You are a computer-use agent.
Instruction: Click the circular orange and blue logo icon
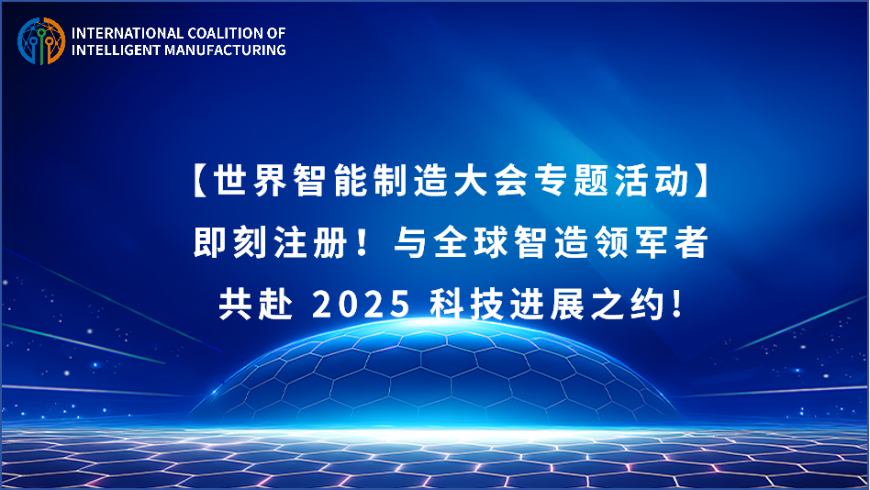tap(41, 41)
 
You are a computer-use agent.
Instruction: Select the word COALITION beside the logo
tap(227, 33)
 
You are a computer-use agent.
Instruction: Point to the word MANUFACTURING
tap(225, 50)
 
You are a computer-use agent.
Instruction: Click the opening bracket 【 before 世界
tap(200, 181)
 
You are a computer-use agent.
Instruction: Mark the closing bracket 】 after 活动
tap(701, 181)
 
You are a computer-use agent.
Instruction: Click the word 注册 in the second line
tap(311, 242)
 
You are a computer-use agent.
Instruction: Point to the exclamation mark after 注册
tap(364, 242)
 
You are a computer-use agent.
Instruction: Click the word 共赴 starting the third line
tap(256, 304)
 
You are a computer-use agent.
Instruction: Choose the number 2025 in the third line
tap(362, 304)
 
